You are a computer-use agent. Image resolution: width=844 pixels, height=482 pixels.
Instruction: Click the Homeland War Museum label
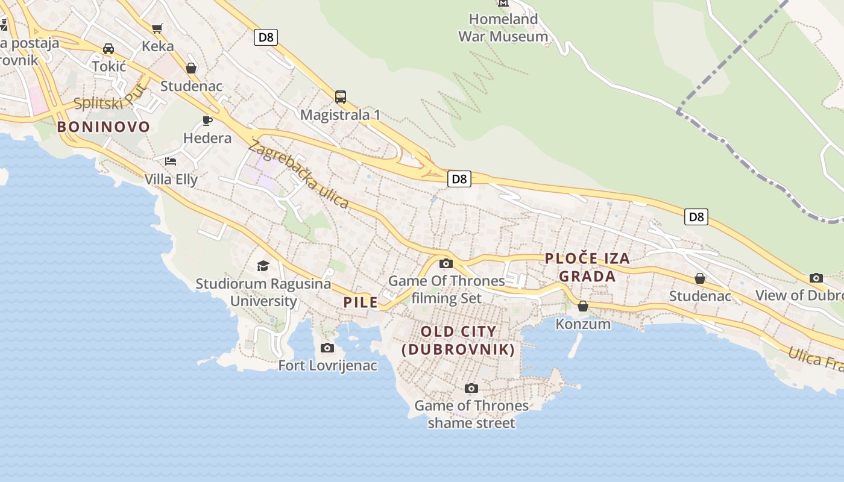[x=503, y=28]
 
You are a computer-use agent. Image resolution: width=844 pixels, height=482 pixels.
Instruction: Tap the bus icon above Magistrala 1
[x=341, y=96]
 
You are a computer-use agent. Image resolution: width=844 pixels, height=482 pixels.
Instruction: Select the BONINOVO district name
[x=104, y=127]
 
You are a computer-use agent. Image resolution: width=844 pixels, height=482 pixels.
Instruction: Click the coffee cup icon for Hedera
[x=207, y=120]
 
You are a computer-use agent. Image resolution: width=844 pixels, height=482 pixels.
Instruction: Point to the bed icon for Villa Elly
[x=171, y=161]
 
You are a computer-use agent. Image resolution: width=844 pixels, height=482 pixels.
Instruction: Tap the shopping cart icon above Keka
[x=157, y=28]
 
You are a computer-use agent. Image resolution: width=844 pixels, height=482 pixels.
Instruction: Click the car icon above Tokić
[x=109, y=48]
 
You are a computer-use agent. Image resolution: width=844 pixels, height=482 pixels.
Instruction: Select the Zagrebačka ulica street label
[x=298, y=174]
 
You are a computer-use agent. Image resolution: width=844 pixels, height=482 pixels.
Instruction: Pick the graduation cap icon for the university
[x=263, y=266]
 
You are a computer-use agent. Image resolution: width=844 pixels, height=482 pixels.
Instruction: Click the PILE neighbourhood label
[x=361, y=302]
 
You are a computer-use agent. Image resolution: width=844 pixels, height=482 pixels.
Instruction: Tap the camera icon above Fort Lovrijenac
[x=327, y=348]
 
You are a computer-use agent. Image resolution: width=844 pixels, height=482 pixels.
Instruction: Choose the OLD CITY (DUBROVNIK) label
[x=458, y=340]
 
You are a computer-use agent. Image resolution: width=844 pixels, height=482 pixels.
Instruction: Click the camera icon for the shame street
[x=471, y=388]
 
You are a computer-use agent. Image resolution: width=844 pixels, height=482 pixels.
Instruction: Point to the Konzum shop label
[x=583, y=324]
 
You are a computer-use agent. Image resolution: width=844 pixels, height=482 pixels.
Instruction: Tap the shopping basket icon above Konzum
[x=583, y=306]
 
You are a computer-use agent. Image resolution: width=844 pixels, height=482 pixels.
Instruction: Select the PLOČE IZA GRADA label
[x=587, y=268]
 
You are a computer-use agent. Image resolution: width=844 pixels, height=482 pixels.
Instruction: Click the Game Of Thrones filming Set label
[x=447, y=289]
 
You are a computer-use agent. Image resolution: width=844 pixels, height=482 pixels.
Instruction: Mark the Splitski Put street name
[x=110, y=98]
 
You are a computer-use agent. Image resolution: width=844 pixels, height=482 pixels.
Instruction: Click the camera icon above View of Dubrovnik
[x=816, y=278]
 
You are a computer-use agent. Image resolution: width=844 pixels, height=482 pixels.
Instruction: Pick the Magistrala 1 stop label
[x=341, y=114]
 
